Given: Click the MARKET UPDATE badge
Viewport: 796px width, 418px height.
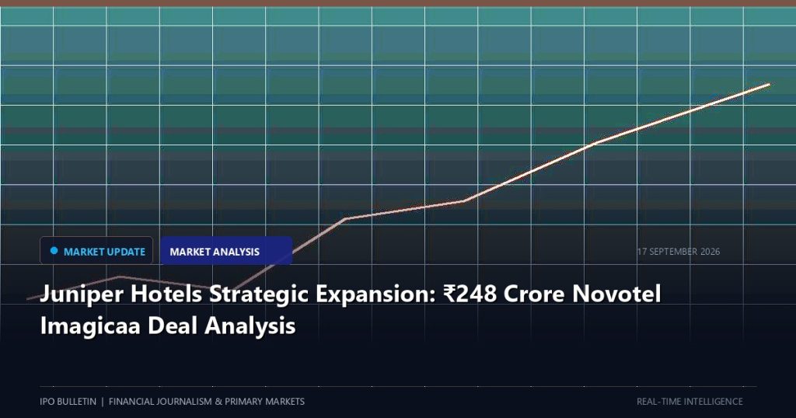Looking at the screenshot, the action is click(96, 251).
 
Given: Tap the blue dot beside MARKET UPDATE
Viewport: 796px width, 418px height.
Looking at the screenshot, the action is click(54, 251).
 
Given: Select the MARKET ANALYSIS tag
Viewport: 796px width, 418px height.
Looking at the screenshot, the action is click(226, 251).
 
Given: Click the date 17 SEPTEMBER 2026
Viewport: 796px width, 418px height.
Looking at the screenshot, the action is click(679, 252).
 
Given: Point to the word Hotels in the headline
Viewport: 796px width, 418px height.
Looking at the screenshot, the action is click(166, 294).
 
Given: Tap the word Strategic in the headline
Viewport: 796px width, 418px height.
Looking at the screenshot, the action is click(259, 294).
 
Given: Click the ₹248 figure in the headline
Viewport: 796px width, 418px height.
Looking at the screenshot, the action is click(470, 294).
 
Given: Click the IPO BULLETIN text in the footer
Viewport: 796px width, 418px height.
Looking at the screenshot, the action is click(68, 402).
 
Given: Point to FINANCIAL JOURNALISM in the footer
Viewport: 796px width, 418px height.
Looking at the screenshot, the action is click(160, 402).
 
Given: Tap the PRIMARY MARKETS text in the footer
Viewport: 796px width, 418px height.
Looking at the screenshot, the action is click(264, 402).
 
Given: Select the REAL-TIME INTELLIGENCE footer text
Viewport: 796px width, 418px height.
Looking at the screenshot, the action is click(690, 402).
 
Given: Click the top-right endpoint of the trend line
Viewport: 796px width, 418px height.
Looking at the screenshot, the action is click(769, 84).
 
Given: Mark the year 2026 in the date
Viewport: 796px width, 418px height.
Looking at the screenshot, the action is click(710, 252).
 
